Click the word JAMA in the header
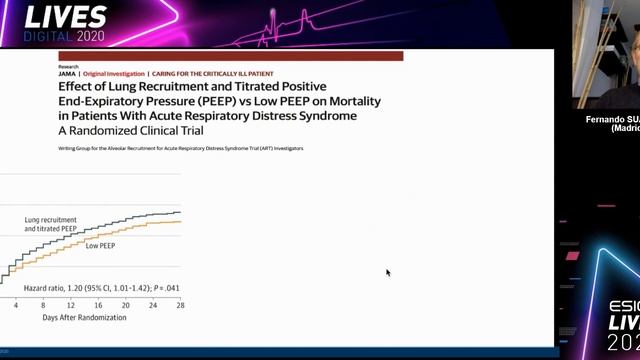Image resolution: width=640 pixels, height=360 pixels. click(x=66, y=74)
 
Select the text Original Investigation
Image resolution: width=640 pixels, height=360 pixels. click(x=113, y=74)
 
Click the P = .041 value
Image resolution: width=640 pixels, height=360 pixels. click(x=164, y=288)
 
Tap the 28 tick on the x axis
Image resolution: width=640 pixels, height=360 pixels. click(x=180, y=304)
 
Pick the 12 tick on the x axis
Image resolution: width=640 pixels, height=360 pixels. click(x=71, y=304)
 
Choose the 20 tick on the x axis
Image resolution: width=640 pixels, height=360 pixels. click(x=125, y=304)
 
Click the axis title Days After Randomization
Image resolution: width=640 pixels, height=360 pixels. click(x=84, y=317)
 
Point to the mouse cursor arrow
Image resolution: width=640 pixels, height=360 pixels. click(x=388, y=272)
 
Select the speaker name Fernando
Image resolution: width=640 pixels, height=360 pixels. click(x=604, y=119)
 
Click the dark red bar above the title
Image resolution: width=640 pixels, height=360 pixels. click(x=230, y=57)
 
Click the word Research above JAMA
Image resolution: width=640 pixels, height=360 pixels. click(x=68, y=66)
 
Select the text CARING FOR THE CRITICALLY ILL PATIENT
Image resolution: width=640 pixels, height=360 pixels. click(x=210, y=74)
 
